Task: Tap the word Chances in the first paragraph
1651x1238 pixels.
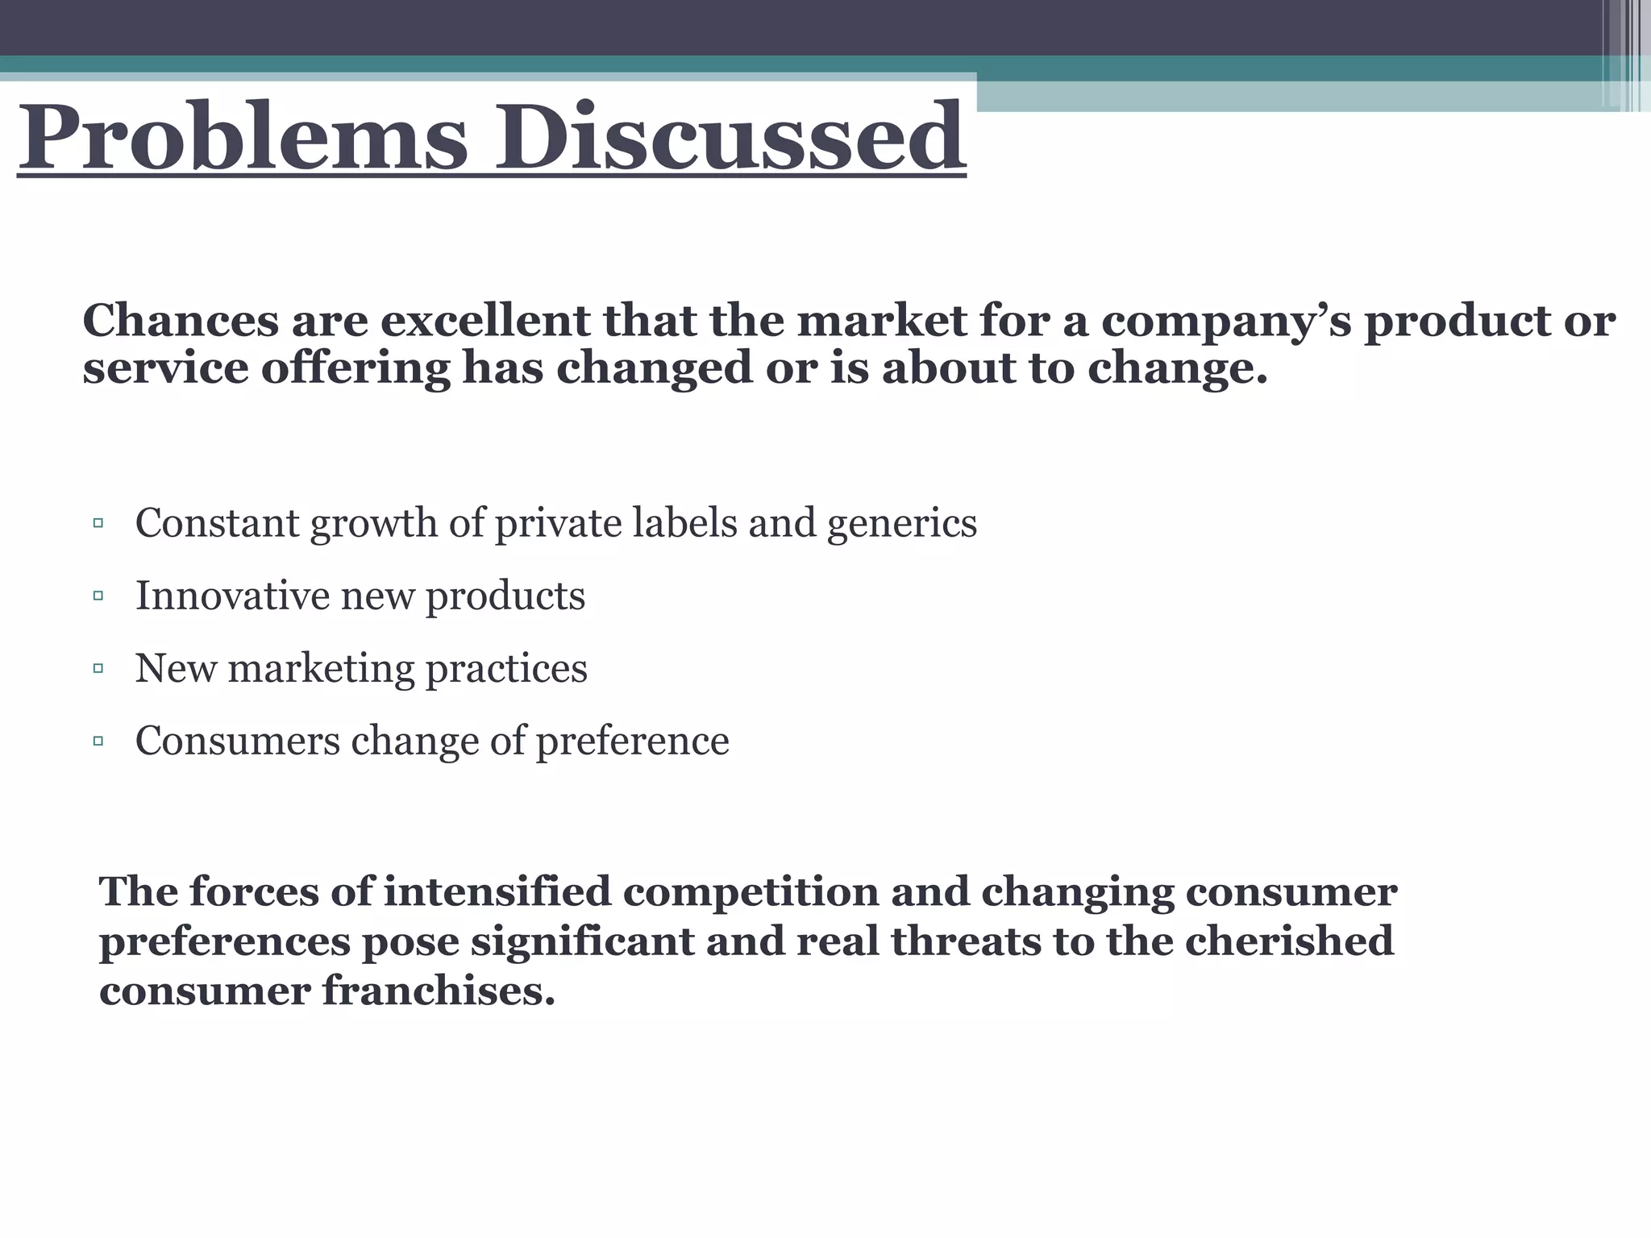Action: (x=181, y=321)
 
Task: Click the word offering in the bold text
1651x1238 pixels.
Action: (x=355, y=369)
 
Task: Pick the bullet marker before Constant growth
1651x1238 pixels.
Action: (x=98, y=524)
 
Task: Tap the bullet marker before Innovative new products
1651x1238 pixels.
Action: (x=98, y=596)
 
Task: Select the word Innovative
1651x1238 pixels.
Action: (x=232, y=596)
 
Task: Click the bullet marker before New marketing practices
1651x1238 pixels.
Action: (x=98, y=668)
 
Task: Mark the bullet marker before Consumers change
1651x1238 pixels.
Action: (x=98, y=741)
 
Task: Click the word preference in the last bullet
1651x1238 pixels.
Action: (x=633, y=741)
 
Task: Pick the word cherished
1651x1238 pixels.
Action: (x=1289, y=941)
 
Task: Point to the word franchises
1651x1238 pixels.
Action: (x=439, y=991)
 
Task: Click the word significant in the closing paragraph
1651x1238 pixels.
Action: (x=582, y=942)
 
